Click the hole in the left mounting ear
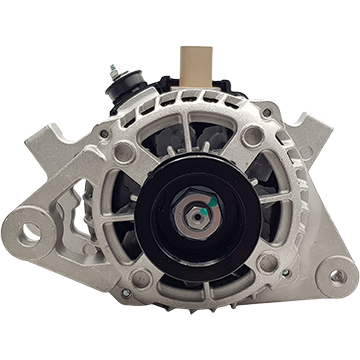29,233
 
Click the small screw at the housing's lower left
125,293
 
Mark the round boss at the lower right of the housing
266,262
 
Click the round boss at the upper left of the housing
124,152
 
